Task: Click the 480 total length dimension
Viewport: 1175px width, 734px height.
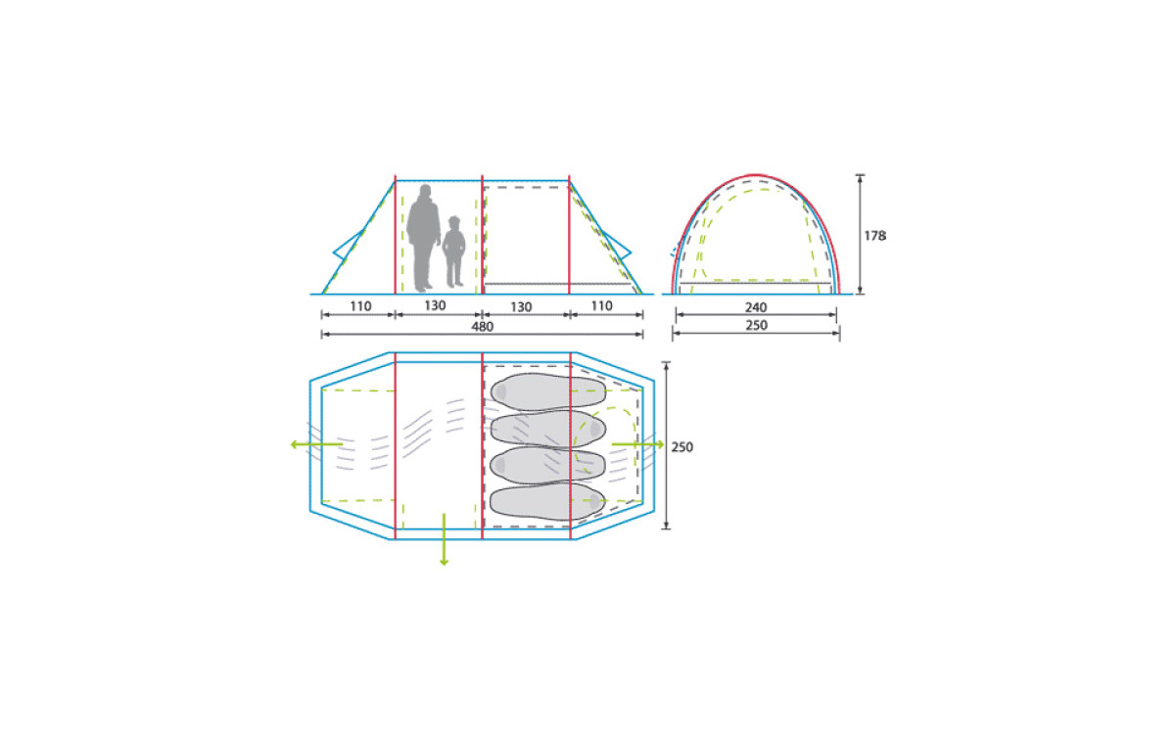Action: click(x=482, y=327)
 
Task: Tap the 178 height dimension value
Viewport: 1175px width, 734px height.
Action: click(x=875, y=236)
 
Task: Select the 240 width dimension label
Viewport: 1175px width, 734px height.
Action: click(x=756, y=307)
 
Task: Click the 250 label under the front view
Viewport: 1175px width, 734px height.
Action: click(x=756, y=325)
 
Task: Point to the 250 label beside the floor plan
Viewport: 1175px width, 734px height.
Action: click(x=681, y=447)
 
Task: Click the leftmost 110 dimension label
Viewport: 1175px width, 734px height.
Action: click(x=360, y=306)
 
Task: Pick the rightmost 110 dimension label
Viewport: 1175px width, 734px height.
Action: click(x=601, y=305)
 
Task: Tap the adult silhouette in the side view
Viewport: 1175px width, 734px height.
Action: click(x=423, y=238)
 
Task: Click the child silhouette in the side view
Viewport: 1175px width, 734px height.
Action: click(x=453, y=252)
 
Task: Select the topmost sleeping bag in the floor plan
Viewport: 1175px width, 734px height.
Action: click(x=547, y=391)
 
